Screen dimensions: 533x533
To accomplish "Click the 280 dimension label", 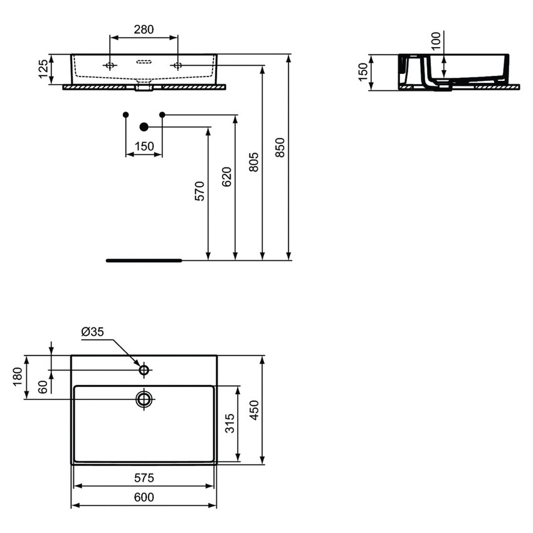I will tap(144, 29).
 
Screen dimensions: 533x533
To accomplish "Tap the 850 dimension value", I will tap(280, 147).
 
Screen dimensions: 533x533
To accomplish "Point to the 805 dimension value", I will tap(253, 162).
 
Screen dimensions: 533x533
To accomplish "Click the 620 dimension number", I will tap(226, 177).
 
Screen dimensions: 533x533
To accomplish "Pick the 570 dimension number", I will tap(199, 191).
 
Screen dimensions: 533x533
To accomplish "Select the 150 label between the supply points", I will tap(144, 146).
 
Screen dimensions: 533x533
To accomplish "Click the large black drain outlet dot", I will tap(144, 127).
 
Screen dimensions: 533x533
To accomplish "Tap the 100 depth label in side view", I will tap(436, 41).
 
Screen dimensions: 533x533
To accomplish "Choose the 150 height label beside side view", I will tap(362, 72).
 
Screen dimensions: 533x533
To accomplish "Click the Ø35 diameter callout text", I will tap(93, 332).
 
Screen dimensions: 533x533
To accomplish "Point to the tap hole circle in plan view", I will tap(144, 371).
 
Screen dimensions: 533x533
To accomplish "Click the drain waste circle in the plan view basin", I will tap(144, 399).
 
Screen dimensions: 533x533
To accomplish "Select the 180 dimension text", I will tap(18, 377).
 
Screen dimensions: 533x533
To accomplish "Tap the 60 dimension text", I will tap(43, 387).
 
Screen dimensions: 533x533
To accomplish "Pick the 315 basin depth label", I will tap(230, 424).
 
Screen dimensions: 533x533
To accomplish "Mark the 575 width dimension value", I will tap(144, 478).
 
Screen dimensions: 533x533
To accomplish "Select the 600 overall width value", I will tap(144, 497).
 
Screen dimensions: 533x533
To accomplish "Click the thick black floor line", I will tap(144, 260).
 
